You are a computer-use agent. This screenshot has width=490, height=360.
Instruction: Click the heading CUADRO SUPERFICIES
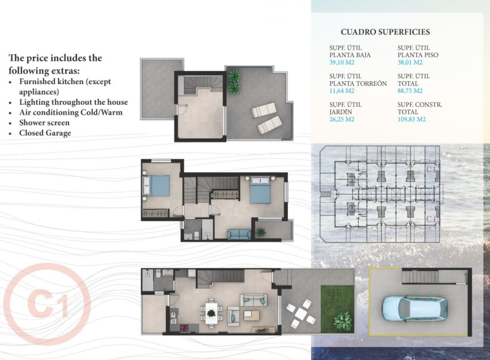[385, 32]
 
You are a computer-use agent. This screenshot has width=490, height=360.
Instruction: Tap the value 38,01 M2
[410, 63]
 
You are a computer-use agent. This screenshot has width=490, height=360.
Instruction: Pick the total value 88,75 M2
[410, 90]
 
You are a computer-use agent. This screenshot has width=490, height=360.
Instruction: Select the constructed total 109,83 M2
[412, 119]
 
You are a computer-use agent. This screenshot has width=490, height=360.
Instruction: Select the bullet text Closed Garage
[45, 133]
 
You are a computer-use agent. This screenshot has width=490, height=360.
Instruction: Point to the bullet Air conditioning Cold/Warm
[71, 112]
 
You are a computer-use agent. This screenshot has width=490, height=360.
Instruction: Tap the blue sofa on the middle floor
[239, 234]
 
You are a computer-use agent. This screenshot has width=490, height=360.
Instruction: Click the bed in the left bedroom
[157, 185]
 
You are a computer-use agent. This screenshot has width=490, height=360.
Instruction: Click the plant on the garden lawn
[343, 318]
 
